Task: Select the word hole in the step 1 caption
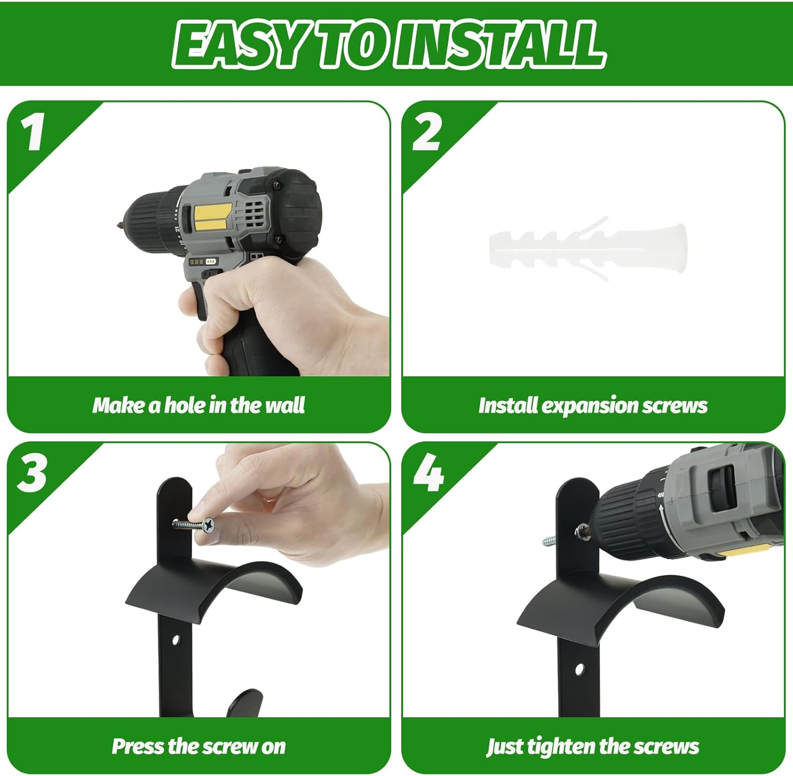pos(185,405)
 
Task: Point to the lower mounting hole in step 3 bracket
pos(176,641)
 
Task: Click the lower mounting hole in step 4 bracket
pos(579,670)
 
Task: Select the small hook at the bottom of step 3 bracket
pos(244,703)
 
